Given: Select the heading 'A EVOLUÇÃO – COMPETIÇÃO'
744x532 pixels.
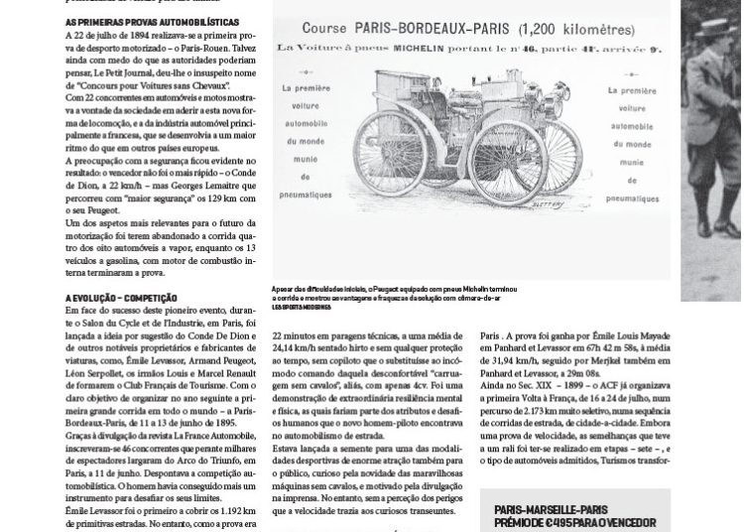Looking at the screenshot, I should pos(121,297).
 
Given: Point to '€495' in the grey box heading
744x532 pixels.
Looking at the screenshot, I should pos(560,523).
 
